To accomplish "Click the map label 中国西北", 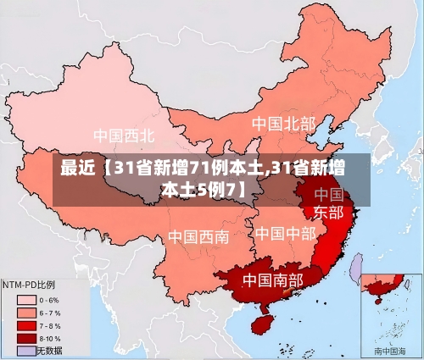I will (124, 136).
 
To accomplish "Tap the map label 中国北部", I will (282, 124).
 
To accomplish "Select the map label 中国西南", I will (198, 236).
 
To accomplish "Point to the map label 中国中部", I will (285, 233).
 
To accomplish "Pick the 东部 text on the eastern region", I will (328, 212).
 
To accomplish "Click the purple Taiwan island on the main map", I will (356, 269).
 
